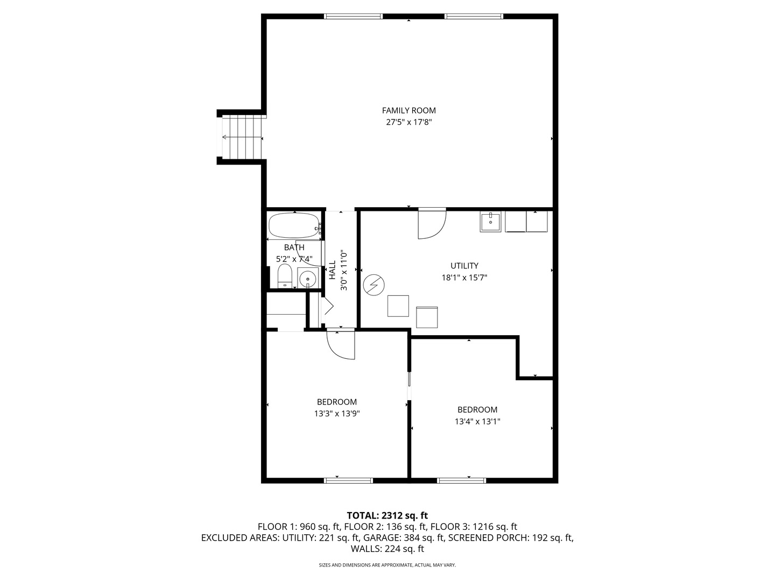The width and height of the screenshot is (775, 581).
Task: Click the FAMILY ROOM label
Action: pyautogui.click(x=408, y=110)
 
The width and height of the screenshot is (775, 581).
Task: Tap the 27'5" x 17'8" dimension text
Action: pyautogui.click(x=408, y=122)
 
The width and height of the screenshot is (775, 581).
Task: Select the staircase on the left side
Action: pyautogui.click(x=243, y=138)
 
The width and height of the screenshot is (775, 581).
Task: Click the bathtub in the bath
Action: pyautogui.click(x=293, y=225)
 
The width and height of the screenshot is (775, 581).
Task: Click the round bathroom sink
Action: pyautogui.click(x=307, y=279)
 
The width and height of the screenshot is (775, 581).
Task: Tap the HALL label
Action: pyautogui.click(x=332, y=270)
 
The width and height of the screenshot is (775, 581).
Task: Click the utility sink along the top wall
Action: pyautogui.click(x=490, y=222)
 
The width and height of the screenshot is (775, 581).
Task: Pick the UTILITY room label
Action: pyautogui.click(x=464, y=266)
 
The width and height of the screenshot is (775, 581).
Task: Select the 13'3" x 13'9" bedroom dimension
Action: pyautogui.click(x=337, y=414)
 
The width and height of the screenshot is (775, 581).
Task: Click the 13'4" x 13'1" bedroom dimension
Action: pyautogui.click(x=477, y=422)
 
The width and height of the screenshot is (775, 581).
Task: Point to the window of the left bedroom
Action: pyautogui.click(x=348, y=480)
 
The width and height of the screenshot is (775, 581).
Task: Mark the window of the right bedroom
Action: pyautogui.click(x=461, y=480)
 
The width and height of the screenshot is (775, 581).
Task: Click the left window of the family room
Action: pyautogui.click(x=354, y=16)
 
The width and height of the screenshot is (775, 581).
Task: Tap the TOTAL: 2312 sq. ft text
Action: pyautogui.click(x=387, y=515)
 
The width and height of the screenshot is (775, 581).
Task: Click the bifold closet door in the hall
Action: pyautogui.click(x=327, y=308)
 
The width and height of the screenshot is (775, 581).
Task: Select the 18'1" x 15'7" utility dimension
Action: pyautogui.click(x=464, y=278)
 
